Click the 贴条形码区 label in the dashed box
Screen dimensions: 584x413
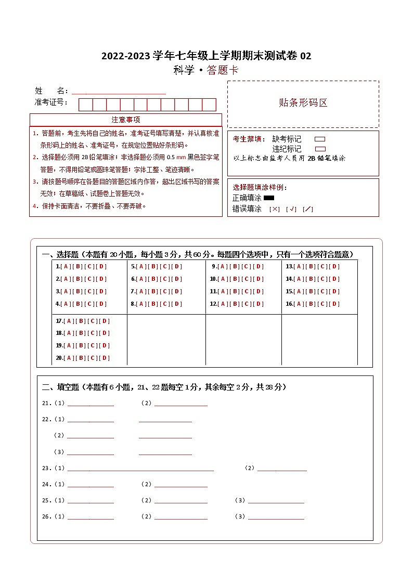point(303,103)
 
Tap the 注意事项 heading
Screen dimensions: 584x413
point(125,120)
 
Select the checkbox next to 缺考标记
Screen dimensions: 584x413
point(320,139)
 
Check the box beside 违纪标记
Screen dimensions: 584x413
point(320,149)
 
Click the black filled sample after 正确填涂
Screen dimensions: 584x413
point(269,198)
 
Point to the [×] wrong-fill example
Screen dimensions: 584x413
point(274,209)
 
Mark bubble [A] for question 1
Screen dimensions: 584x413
point(66,267)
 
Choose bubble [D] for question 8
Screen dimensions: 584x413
point(177,304)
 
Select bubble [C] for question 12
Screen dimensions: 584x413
point(247,304)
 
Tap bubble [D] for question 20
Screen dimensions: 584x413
point(105,358)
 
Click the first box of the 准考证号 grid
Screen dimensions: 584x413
point(85,105)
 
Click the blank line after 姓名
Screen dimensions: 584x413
point(119,92)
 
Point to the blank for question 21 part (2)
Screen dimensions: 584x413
point(180,404)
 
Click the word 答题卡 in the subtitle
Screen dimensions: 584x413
point(223,71)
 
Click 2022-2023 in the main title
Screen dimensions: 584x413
point(126,56)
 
